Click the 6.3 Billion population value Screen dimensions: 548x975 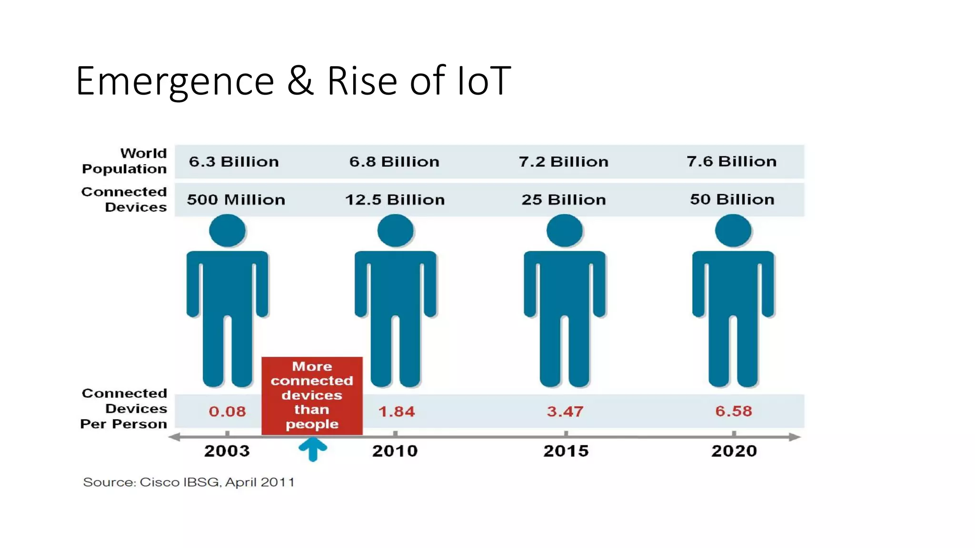(234, 162)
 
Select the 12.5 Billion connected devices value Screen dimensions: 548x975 (395, 200)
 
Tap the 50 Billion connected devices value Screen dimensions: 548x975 (732, 199)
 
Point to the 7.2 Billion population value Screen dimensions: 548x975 (564, 162)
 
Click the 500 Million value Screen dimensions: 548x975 (236, 200)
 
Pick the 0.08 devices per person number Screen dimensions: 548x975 (227, 411)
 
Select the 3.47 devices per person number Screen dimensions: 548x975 (565, 411)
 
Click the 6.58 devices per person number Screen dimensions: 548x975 (733, 411)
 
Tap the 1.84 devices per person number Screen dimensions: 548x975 (396, 411)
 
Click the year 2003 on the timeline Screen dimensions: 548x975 (227, 451)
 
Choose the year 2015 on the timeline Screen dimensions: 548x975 (566, 451)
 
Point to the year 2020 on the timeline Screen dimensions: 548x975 (734, 451)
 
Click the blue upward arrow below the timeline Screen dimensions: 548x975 (313, 449)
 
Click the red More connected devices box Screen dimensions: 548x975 (312, 395)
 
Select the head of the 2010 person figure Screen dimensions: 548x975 (395, 231)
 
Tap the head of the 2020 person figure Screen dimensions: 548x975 (733, 231)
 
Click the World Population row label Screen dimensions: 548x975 (125, 161)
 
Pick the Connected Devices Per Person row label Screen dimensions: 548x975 (124, 409)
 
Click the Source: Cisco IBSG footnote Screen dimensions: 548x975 (189, 482)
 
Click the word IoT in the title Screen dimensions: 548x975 (483, 81)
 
